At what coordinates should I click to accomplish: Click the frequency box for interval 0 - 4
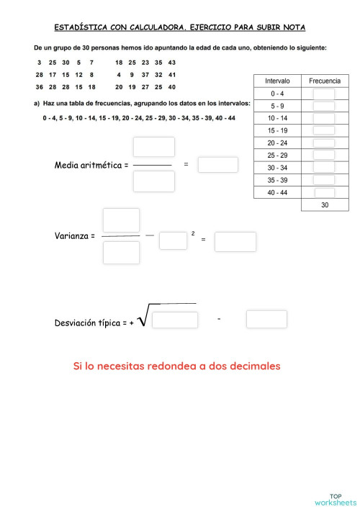324,94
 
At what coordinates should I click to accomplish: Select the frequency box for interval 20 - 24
324,143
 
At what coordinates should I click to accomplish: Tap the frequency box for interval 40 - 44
324,192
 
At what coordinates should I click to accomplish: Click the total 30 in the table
324,205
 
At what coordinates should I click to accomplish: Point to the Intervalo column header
277,81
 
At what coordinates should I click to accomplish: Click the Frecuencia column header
324,81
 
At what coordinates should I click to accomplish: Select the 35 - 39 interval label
277,180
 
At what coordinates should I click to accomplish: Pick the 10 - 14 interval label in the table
277,118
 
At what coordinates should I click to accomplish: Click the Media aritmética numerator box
154,147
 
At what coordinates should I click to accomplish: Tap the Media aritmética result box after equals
217,164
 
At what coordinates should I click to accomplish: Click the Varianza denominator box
121,252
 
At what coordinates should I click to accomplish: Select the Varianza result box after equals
235,241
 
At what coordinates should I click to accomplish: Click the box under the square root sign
175,320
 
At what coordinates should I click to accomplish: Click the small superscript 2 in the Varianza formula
193,233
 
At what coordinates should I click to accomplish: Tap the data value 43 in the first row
171,63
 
